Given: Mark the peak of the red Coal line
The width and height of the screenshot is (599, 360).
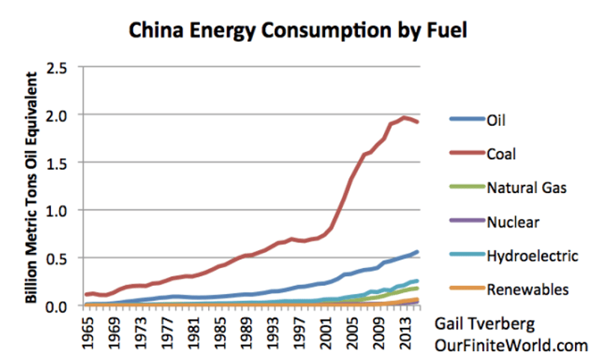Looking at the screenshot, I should [x=405, y=117].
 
